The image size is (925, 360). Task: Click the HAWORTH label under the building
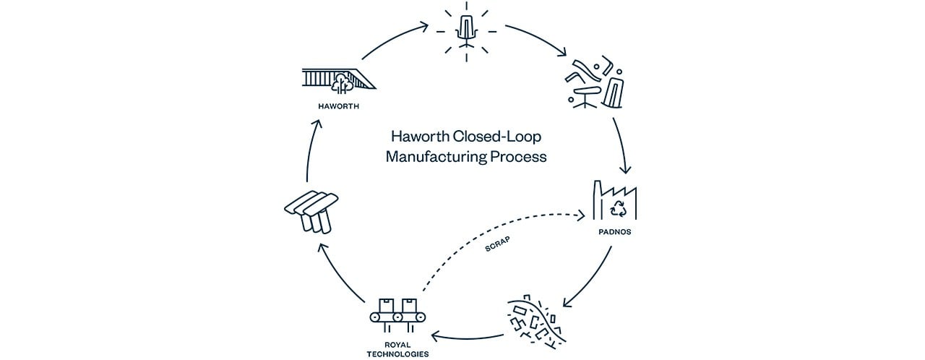click(x=339, y=106)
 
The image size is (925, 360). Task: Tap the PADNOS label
click(x=615, y=232)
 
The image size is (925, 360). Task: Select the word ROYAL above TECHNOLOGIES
click(x=397, y=345)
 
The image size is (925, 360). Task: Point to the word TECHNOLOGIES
click(x=397, y=354)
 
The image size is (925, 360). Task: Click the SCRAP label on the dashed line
click(x=497, y=244)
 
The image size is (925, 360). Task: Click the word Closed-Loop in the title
click(x=496, y=136)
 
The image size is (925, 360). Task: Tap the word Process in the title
click(x=519, y=157)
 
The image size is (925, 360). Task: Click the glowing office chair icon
click(x=467, y=32)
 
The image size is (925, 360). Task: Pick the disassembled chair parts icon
click(x=594, y=85)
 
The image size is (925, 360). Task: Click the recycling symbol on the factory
click(x=618, y=209)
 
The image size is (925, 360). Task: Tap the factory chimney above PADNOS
click(x=597, y=200)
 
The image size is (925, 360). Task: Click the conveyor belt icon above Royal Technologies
click(x=397, y=315)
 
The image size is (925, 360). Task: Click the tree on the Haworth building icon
click(x=343, y=83)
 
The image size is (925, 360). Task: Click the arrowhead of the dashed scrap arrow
click(x=582, y=215)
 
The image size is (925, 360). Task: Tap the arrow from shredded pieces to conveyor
click(x=467, y=338)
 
